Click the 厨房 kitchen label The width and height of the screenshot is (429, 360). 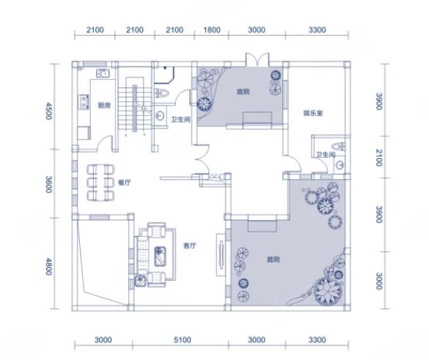104,106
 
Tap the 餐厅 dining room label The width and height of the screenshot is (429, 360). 124,183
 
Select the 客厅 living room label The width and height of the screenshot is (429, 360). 190,246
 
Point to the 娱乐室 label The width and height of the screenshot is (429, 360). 313,113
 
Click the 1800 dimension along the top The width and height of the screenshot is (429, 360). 212,30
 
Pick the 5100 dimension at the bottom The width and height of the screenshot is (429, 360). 182,340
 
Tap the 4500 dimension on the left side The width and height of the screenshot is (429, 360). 48,111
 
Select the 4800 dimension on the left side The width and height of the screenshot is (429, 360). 48,266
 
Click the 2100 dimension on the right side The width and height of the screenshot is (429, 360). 379,158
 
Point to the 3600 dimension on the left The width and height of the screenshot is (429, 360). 48,184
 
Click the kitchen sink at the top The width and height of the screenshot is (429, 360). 103,73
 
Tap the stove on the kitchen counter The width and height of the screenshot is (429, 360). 84,102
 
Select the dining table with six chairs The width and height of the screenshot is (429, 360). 100,182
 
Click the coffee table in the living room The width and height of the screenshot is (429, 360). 160,257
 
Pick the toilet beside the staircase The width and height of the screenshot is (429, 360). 161,93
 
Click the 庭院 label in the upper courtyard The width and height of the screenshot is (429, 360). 243,92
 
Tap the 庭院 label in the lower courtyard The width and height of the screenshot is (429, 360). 274,259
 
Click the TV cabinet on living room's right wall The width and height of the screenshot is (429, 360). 221,254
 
